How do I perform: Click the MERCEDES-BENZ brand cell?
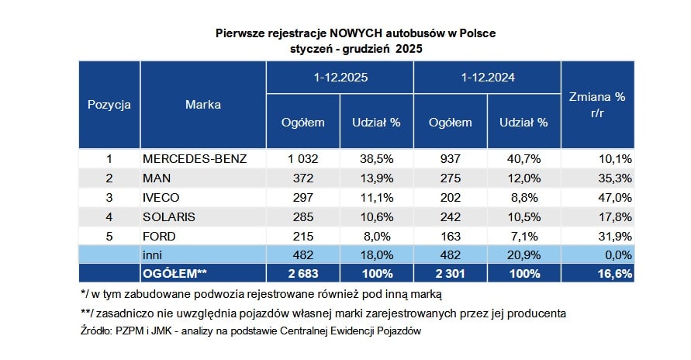click(195, 159)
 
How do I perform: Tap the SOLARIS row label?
click(168, 216)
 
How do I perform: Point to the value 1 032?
click(303, 159)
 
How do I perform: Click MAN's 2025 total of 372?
click(303, 178)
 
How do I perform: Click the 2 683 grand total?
click(303, 274)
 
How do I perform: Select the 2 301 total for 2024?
click(451, 274)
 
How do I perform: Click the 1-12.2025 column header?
click(340, 78)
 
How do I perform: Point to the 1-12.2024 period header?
click(488, 78)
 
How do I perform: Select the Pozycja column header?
click(109, 104)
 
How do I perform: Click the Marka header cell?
click(203, 104)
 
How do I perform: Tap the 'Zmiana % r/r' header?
click(597, 105)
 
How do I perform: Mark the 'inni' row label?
click(151, 254)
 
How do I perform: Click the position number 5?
click(109, 236)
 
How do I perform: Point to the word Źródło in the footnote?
click(95, 331)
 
